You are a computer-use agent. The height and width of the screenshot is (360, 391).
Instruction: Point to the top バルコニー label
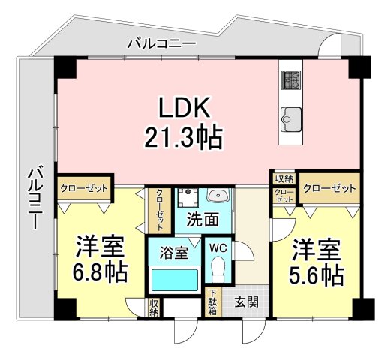coord(161,44)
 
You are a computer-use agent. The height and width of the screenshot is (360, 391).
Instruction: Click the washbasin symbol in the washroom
coord(218,196)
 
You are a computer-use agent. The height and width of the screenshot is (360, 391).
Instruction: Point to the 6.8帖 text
coord(98,270)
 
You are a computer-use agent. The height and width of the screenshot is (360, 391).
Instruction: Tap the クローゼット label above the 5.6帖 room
coord(330,187)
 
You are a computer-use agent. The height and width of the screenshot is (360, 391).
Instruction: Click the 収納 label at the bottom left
coord(154,306)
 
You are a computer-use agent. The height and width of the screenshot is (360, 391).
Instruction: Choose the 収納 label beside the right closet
coord(284,178)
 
